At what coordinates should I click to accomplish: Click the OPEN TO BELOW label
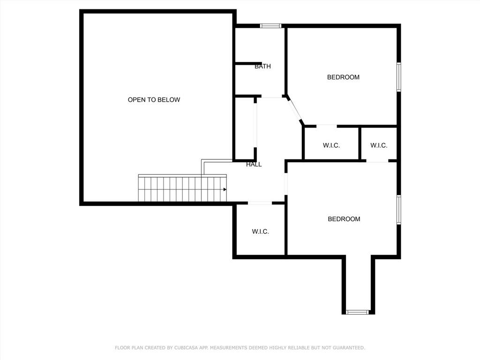pos(154,100)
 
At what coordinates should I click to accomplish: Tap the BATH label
pos(262,67)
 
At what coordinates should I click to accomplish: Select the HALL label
pos(254,165)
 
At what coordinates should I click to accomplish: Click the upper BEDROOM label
pos(343,77)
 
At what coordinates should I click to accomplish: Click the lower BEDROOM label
pos(344,219)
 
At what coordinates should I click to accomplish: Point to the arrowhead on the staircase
pos(225,189)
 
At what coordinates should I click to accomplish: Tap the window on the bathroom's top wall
pos(270,26)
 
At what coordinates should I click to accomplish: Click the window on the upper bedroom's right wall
pos(398,77)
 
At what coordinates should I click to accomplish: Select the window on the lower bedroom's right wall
pos(398,210)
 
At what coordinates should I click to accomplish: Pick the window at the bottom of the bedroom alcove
pos(357,312)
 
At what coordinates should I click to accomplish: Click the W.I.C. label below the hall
pos(261,232)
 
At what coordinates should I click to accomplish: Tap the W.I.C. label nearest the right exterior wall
pos(379,145)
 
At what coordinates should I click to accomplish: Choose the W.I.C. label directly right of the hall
pos(331,145)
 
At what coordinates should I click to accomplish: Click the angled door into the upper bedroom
pos(295,110)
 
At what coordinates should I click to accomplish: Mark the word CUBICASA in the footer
pos(187,348)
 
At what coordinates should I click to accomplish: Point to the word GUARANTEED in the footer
pos(349,348)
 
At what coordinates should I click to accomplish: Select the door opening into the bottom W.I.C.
pos(260,202)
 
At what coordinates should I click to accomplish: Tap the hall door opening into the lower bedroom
pos(286,184)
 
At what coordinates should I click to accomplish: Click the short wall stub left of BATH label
pos(248,64)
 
